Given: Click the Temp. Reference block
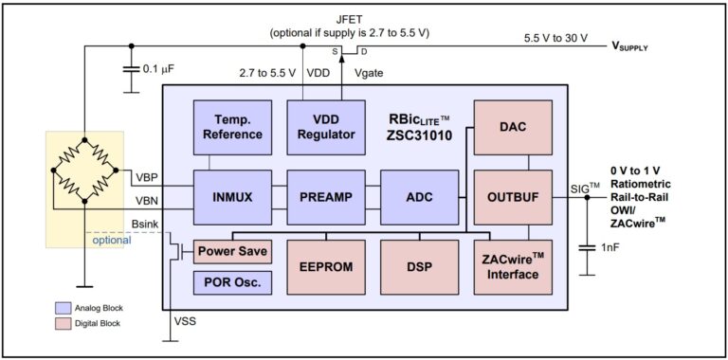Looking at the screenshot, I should click(x=232, y=127).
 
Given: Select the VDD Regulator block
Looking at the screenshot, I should click(x=325, y=127).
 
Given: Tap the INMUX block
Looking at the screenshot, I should click(x=232, y=196).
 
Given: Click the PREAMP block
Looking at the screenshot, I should click(x=325, y=196).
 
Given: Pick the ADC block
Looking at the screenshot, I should click(x=418, y=196).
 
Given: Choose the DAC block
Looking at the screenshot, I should click(x=512, y=127).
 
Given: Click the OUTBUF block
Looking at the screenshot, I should click(x=512, y=196).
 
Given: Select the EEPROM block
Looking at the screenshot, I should click(x=325, y=267).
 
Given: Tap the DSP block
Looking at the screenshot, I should click(x=418, y=267).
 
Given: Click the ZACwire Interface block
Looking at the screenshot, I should click(x=512, y=267).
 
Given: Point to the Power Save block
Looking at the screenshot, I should click(x=231, y=253).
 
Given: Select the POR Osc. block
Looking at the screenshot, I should click(x=231, y=281).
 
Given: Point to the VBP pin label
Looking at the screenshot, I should click(x=148, y=176).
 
